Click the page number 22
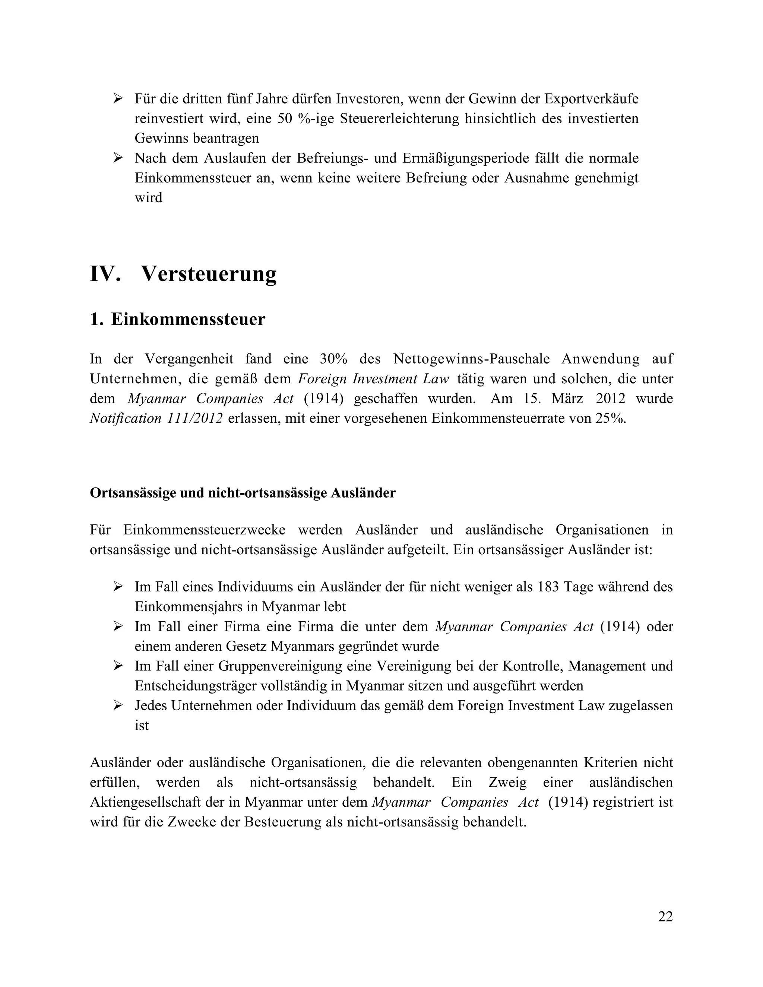click(x=665, y=917)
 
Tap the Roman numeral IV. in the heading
click(x=106, y=274)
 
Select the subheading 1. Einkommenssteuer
click(x=178, y=320)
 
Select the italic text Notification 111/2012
click(x=156, y=419)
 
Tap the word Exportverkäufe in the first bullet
click(x=591, y=99)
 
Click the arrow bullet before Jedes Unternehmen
click(x=118, y=705)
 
